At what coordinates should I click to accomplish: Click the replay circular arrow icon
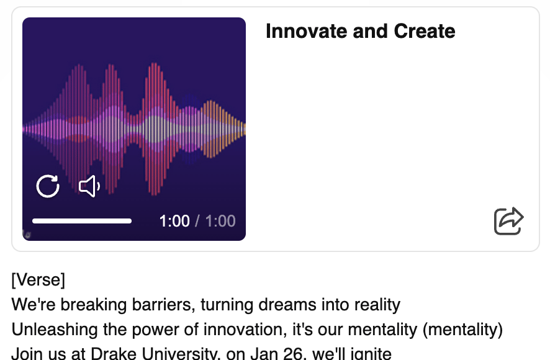coord(48,186)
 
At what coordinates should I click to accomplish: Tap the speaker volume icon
coord(89,186)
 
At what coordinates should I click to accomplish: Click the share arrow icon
coord(508,221)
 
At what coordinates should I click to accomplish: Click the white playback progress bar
coord(82,221)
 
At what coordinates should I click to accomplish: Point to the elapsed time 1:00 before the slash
coord(174,221)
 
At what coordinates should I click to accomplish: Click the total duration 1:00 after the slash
coord(220,221)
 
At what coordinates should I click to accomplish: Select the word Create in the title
coord(425,31)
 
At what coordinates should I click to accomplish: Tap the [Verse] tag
coord(38,280)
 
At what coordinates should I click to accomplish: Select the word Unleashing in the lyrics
coord(55,330)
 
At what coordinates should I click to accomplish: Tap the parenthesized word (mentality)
coord(462,330)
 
